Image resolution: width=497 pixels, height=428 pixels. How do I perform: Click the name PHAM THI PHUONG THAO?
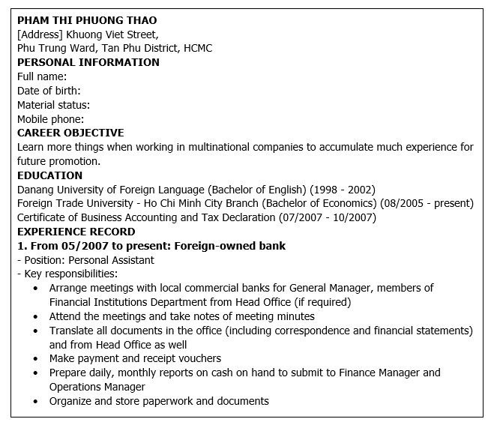(87, 20)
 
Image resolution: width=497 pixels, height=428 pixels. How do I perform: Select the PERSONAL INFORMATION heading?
(88, 62)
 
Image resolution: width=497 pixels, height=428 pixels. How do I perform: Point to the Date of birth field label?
(49, 91)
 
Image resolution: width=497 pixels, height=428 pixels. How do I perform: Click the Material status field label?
(53, 105)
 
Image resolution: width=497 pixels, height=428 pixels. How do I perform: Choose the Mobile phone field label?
(50, 119)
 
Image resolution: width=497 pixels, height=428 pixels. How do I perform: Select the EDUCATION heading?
(49, 175)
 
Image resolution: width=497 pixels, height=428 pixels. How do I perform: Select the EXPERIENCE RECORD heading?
(76, 232)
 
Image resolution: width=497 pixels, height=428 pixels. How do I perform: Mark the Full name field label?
(42, 76)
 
